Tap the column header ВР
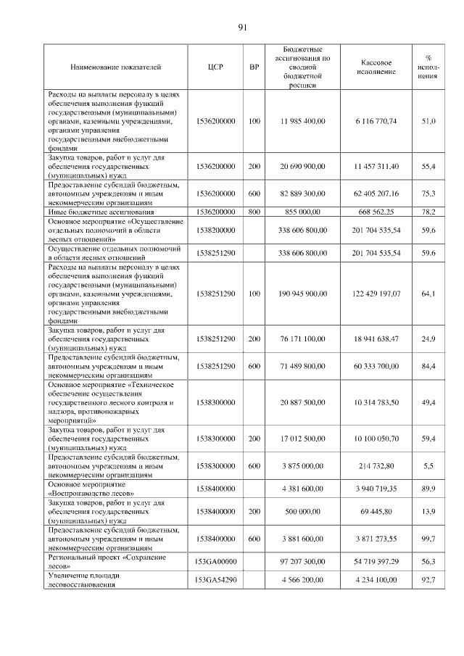point(254,67)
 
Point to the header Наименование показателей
point(116,67)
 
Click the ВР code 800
point(254,212)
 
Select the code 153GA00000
point(215,562)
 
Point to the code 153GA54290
point(215,580)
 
